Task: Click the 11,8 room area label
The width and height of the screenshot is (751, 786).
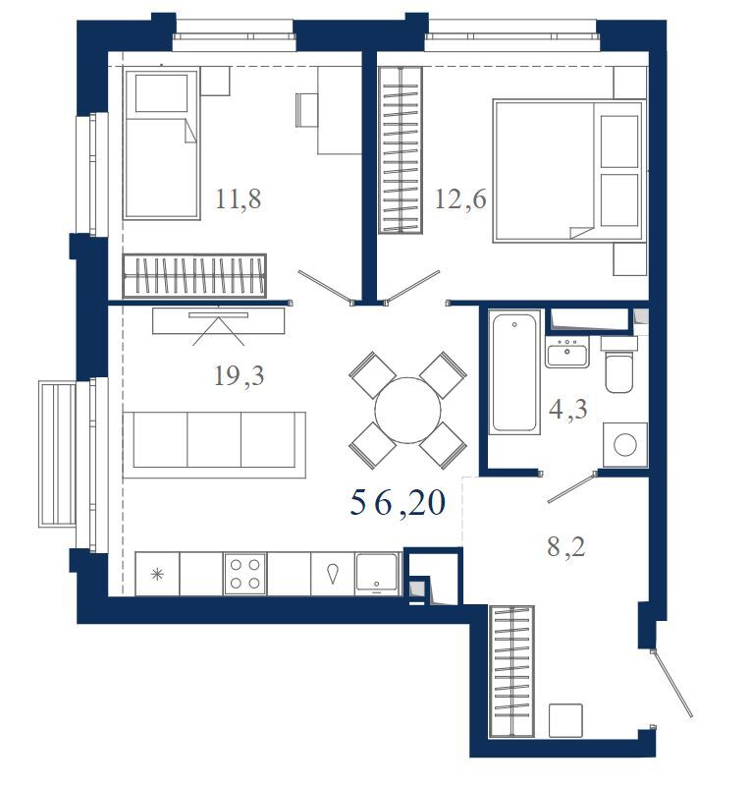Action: tap(239, 199)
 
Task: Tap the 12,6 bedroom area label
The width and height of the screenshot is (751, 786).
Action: tap(460, 199)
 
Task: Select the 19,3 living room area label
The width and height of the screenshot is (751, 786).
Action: tap(239, 375)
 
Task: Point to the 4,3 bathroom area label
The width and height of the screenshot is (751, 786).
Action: tap(568, 410)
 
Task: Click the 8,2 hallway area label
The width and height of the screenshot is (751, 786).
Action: tap(566, 546)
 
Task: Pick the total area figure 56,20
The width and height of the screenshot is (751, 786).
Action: tap(398, 503)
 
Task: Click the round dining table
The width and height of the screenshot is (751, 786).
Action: tap(407, 410)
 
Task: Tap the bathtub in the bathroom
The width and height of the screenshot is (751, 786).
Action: tap(514, 371)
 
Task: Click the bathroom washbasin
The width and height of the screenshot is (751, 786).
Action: tap(567, 352)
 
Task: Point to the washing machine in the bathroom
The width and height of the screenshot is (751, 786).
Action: tap(625, 444)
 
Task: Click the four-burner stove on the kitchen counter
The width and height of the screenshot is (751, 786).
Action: tap(245, 574)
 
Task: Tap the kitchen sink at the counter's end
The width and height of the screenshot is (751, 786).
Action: tap(377, 574)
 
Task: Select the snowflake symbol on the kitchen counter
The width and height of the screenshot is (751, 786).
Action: tap(157, 574)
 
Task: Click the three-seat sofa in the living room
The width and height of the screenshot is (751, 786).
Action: tap(214, 445)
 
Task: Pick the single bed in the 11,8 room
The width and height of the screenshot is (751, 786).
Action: tap(161, 143)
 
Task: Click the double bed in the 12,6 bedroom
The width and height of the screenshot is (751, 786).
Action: tap(569, 171)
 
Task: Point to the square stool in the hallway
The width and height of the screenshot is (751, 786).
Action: tap(565, 720)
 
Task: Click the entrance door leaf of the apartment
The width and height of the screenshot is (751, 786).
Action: tap(672, 683)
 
